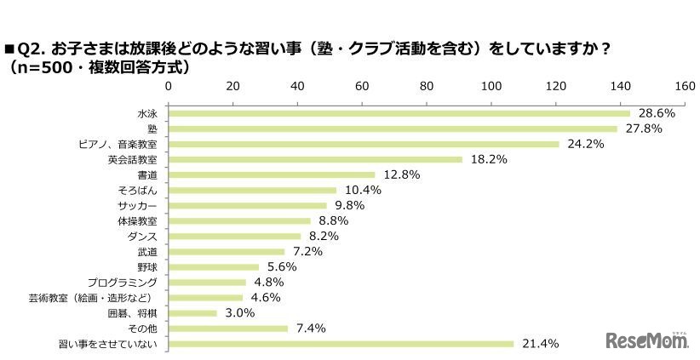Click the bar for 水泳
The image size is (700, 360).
point(399,113)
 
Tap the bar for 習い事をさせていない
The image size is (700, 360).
point(341,344)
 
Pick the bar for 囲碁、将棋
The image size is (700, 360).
point(193,313)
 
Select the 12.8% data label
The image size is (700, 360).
point(398,174)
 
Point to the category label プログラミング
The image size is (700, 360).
point(125,282)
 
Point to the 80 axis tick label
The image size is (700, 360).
point(427,87)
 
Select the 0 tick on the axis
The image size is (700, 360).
point(169,87)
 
